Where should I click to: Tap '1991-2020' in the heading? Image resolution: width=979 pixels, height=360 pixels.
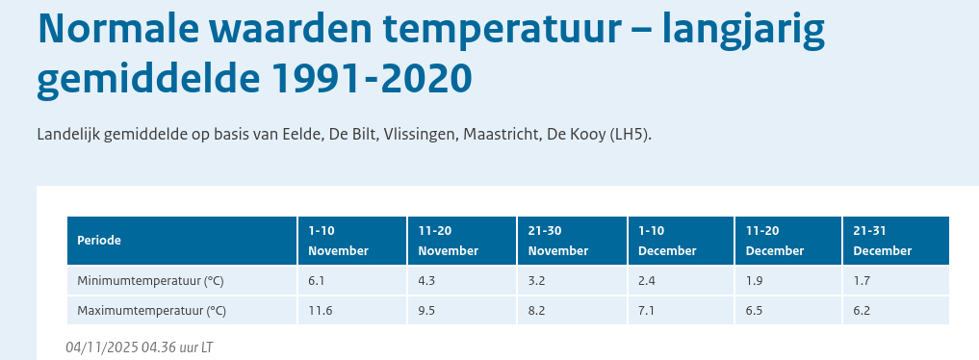tap(373, 79)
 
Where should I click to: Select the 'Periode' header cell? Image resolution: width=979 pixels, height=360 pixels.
tap(99, 241)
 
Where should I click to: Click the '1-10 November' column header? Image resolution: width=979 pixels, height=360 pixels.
tap(339, 241)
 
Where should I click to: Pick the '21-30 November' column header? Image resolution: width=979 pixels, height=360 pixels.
tap(558, 241)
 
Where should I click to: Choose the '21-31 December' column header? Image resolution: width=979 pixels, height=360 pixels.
tap(882, 241)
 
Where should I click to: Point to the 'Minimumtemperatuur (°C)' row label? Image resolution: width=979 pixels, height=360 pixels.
tap(150, 281)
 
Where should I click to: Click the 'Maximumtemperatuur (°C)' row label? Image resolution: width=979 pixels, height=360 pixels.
tap(152, 311)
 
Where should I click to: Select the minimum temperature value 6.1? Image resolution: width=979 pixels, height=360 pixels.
tap(317, 281)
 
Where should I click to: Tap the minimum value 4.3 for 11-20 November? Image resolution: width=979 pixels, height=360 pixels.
tap(426, 281)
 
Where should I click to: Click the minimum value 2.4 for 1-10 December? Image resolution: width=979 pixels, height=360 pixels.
tap(646, 281)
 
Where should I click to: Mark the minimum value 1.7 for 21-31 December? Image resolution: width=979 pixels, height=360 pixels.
tap(862, 281)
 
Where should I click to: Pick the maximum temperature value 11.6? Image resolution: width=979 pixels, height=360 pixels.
tap(319, 311)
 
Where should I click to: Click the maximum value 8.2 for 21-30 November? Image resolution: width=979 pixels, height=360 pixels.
tap(536, 311)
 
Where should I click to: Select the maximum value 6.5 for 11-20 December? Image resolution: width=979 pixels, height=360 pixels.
tap(754, 311)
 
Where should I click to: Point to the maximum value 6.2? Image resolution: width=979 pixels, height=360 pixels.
tap(862, 311)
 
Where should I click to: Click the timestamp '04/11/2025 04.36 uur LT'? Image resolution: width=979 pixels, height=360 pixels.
tap(140, 347)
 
